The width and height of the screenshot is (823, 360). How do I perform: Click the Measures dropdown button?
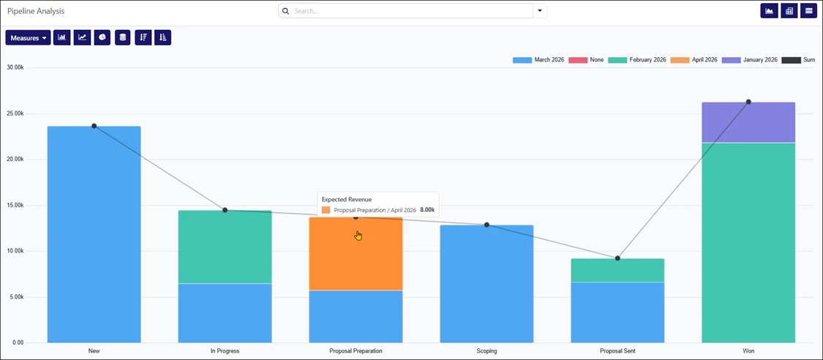tap(28, 37)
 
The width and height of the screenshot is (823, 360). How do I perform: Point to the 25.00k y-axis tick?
tap(15, 113)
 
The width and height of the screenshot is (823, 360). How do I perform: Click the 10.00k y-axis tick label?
tap(15, 251)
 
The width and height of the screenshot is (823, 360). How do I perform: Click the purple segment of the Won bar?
tap(748, 122)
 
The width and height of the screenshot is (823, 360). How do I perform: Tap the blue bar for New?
tap(94, 234)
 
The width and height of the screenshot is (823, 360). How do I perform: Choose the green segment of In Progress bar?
tap(225, 247)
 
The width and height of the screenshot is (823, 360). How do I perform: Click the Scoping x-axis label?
tap(486, 351)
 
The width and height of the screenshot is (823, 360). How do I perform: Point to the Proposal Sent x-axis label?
tap(617, 351)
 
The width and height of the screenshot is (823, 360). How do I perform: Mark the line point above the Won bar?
tap(748, 102)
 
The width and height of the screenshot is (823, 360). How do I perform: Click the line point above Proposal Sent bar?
tap(617, 258)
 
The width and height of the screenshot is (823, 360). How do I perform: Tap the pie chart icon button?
tap(102, 37)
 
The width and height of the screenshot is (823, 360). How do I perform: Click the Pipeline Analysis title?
tap(36, 11)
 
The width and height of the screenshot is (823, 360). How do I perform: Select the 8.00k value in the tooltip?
tap(427, 210)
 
